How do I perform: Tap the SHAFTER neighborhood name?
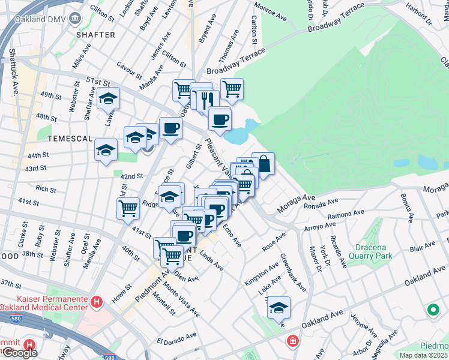[95, 35]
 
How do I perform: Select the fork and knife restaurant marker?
[205, 98]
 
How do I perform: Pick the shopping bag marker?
[263, 163]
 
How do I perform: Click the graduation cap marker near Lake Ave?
[279, 307]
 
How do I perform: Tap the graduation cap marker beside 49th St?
[108, 98]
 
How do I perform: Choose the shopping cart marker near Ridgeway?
[128, 208]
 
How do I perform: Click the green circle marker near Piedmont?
[432, 310]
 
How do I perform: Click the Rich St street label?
[46, 189]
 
